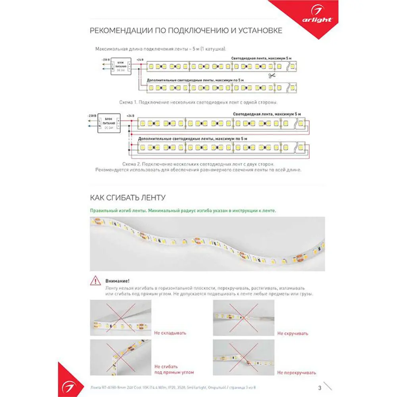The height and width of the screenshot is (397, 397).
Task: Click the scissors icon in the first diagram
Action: click(272, 76)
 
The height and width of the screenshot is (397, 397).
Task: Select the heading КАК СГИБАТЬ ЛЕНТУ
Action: click(128, 197)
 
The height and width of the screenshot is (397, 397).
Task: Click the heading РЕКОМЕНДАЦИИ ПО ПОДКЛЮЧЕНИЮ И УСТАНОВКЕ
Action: click(186, 31)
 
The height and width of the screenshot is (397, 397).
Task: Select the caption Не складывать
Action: click(170, 333)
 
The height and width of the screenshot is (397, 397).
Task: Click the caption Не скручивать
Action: click(293, 333)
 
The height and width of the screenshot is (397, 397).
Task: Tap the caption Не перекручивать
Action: click(297, 372)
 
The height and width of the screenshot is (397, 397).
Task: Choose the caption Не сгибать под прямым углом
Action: click(174, 369)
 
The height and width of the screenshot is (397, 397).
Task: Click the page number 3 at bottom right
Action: click(320, 388)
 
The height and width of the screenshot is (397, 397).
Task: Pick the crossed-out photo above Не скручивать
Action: click(243, 318)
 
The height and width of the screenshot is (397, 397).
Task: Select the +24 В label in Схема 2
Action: click(130, 116)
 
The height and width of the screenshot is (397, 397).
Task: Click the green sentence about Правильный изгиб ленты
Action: click(183, 211)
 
